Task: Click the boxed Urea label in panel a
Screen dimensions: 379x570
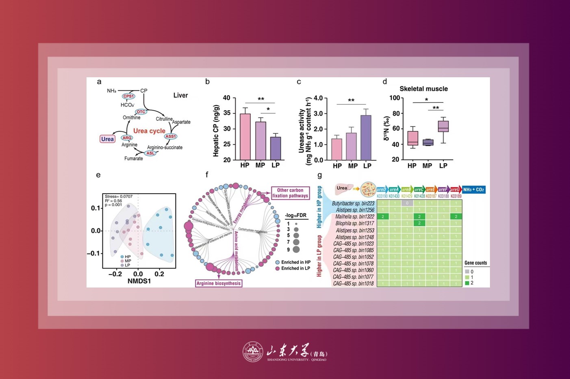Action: point(107,139)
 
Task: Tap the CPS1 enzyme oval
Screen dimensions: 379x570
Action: point(128,96)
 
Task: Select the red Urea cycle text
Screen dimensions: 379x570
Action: point(149,131)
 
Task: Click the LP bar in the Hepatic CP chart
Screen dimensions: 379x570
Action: point(275,148)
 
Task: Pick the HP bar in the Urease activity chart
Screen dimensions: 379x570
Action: point(337,149)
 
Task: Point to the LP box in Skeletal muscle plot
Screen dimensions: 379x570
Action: point(443,126)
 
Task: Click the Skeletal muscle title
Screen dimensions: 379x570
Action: point(423,89)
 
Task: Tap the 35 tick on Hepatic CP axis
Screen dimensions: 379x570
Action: point(227,113)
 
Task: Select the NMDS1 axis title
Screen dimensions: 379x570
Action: point(139,281)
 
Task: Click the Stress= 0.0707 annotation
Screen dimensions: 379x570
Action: point(119,196)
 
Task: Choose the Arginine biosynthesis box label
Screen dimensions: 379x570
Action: point(219,283)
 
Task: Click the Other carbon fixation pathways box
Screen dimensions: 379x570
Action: point(290,193)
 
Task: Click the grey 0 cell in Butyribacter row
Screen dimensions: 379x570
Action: point(407,203)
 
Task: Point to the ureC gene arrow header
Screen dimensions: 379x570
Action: point(419,189)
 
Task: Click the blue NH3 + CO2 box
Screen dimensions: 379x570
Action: point(474,189)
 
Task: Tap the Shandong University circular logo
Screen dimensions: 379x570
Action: point(252,351)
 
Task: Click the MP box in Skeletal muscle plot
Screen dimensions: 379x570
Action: point(428,142)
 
